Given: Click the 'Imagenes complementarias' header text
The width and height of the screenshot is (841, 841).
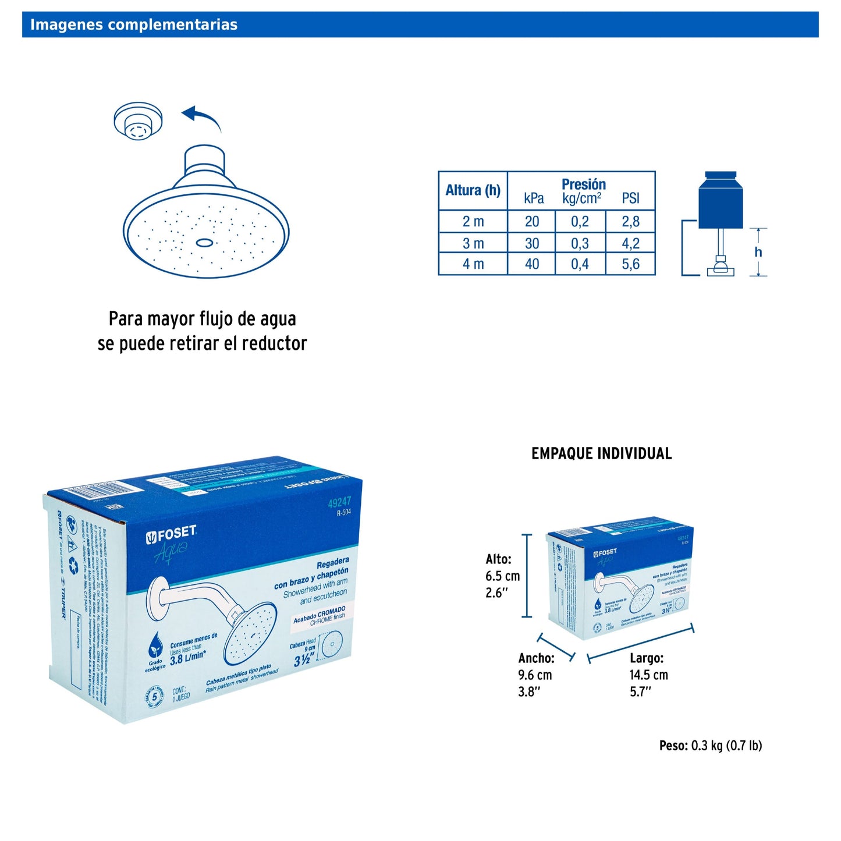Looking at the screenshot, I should coord(133,24).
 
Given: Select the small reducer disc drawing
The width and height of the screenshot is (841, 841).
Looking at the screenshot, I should coord(138,121).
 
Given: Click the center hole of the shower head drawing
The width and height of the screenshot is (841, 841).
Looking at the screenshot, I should coord(204,242).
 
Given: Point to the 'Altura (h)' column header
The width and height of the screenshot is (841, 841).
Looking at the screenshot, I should coord(473,190).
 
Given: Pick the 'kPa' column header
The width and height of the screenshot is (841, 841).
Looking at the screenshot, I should coord(534,198).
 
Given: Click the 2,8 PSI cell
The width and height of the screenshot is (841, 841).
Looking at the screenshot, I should coord(630,222).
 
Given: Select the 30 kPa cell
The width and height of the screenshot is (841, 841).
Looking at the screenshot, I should coord(532,243).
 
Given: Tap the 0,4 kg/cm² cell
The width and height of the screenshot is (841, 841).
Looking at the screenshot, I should coord(580,264).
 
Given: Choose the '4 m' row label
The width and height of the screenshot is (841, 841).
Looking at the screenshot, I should coord(473,264).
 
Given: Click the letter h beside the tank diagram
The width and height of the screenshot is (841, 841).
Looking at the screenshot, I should coord(758,252).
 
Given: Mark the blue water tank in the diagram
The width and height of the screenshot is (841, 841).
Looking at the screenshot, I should coord(721,201).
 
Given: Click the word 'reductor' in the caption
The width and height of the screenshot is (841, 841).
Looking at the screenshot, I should coord(274,343).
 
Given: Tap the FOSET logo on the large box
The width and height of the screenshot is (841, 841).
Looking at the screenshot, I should coord(171,534).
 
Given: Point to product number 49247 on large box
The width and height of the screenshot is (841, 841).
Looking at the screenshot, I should coord(339,502).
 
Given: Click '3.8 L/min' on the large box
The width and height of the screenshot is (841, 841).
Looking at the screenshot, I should coord(187,658).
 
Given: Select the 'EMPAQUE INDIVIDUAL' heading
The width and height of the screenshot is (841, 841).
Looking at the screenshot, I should coord(601,454).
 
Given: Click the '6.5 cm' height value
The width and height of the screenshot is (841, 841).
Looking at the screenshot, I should coord(503,576).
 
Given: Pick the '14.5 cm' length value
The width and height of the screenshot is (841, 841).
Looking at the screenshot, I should coord(648,675).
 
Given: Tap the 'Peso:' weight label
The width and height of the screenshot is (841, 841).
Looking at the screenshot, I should coord(673,746).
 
